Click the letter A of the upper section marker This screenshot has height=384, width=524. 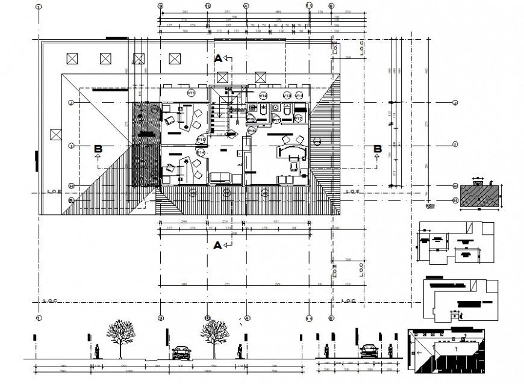[218, 58]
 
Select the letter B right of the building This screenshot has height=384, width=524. [378, 149]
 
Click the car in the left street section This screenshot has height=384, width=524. [181, 351]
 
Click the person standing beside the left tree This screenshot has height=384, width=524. [98, 351]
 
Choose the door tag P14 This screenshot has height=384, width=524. [201, 153]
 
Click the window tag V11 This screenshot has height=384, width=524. [192, 93]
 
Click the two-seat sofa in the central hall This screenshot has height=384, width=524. [220, 178]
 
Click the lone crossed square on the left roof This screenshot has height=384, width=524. [57, 134]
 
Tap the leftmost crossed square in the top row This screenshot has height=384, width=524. [72, 58]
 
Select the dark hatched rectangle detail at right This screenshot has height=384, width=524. [480, 196]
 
